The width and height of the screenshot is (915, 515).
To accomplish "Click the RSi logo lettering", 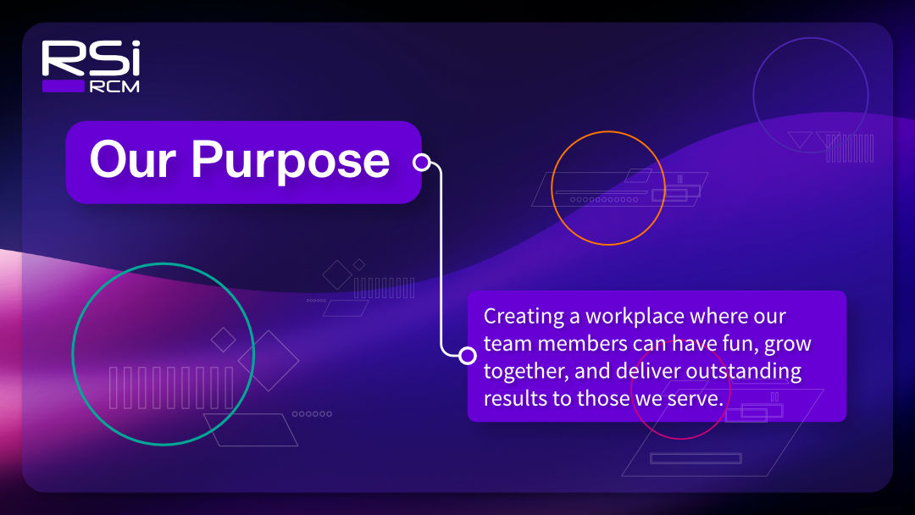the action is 91,58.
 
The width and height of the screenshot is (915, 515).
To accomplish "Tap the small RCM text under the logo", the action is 114,87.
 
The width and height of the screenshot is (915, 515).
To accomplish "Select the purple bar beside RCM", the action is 64,86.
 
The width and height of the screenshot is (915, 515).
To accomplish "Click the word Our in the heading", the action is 132,159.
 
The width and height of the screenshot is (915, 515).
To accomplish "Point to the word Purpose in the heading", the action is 291,163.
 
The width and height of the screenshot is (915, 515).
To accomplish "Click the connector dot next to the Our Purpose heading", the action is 421,162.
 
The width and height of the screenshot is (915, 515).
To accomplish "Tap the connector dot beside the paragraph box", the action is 467,355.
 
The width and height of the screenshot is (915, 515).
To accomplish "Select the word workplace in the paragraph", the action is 635,317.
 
